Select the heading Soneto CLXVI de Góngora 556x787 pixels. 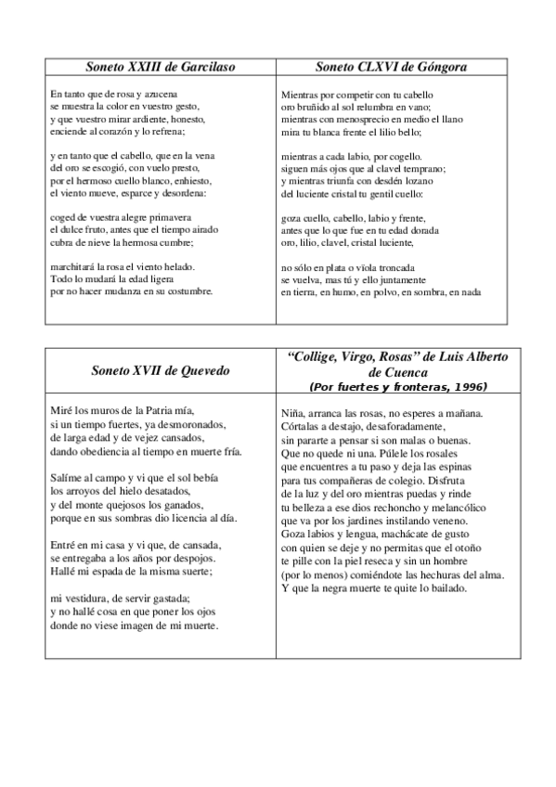click(x=390, y=67)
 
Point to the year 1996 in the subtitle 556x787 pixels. click(x=467, y=386)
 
